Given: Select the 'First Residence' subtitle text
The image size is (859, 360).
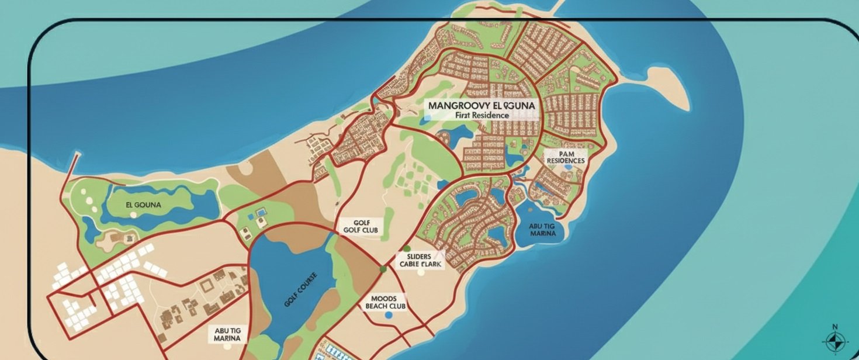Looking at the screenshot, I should pyautogui.click(x=482, y=116).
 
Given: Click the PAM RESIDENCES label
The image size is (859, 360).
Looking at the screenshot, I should pyautogui.click(x=563, y=156).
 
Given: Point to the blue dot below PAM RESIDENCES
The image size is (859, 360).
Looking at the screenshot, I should pyautogui.click(x=568, y=167).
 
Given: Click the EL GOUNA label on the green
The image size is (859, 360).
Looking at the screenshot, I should pyautogui.click(x=143, y=205).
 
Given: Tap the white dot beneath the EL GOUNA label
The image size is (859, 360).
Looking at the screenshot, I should pyautogui.click(x=134, y=215).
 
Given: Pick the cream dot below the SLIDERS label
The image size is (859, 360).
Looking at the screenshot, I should pyautogui.click(x=421, y=272).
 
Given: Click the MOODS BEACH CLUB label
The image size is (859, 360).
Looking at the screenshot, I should pyautogui.click(x=385, y=302).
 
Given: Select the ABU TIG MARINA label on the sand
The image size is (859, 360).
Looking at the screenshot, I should pyautogui.click(x=228, y=334).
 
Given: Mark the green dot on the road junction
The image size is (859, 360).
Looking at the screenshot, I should pyautogui.click(x=383, y=269).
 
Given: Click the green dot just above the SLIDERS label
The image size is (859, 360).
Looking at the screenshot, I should pyautogui.click(x=407, y=249).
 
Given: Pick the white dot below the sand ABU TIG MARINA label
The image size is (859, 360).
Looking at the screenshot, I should pyautogui.click(x=234, y=346).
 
